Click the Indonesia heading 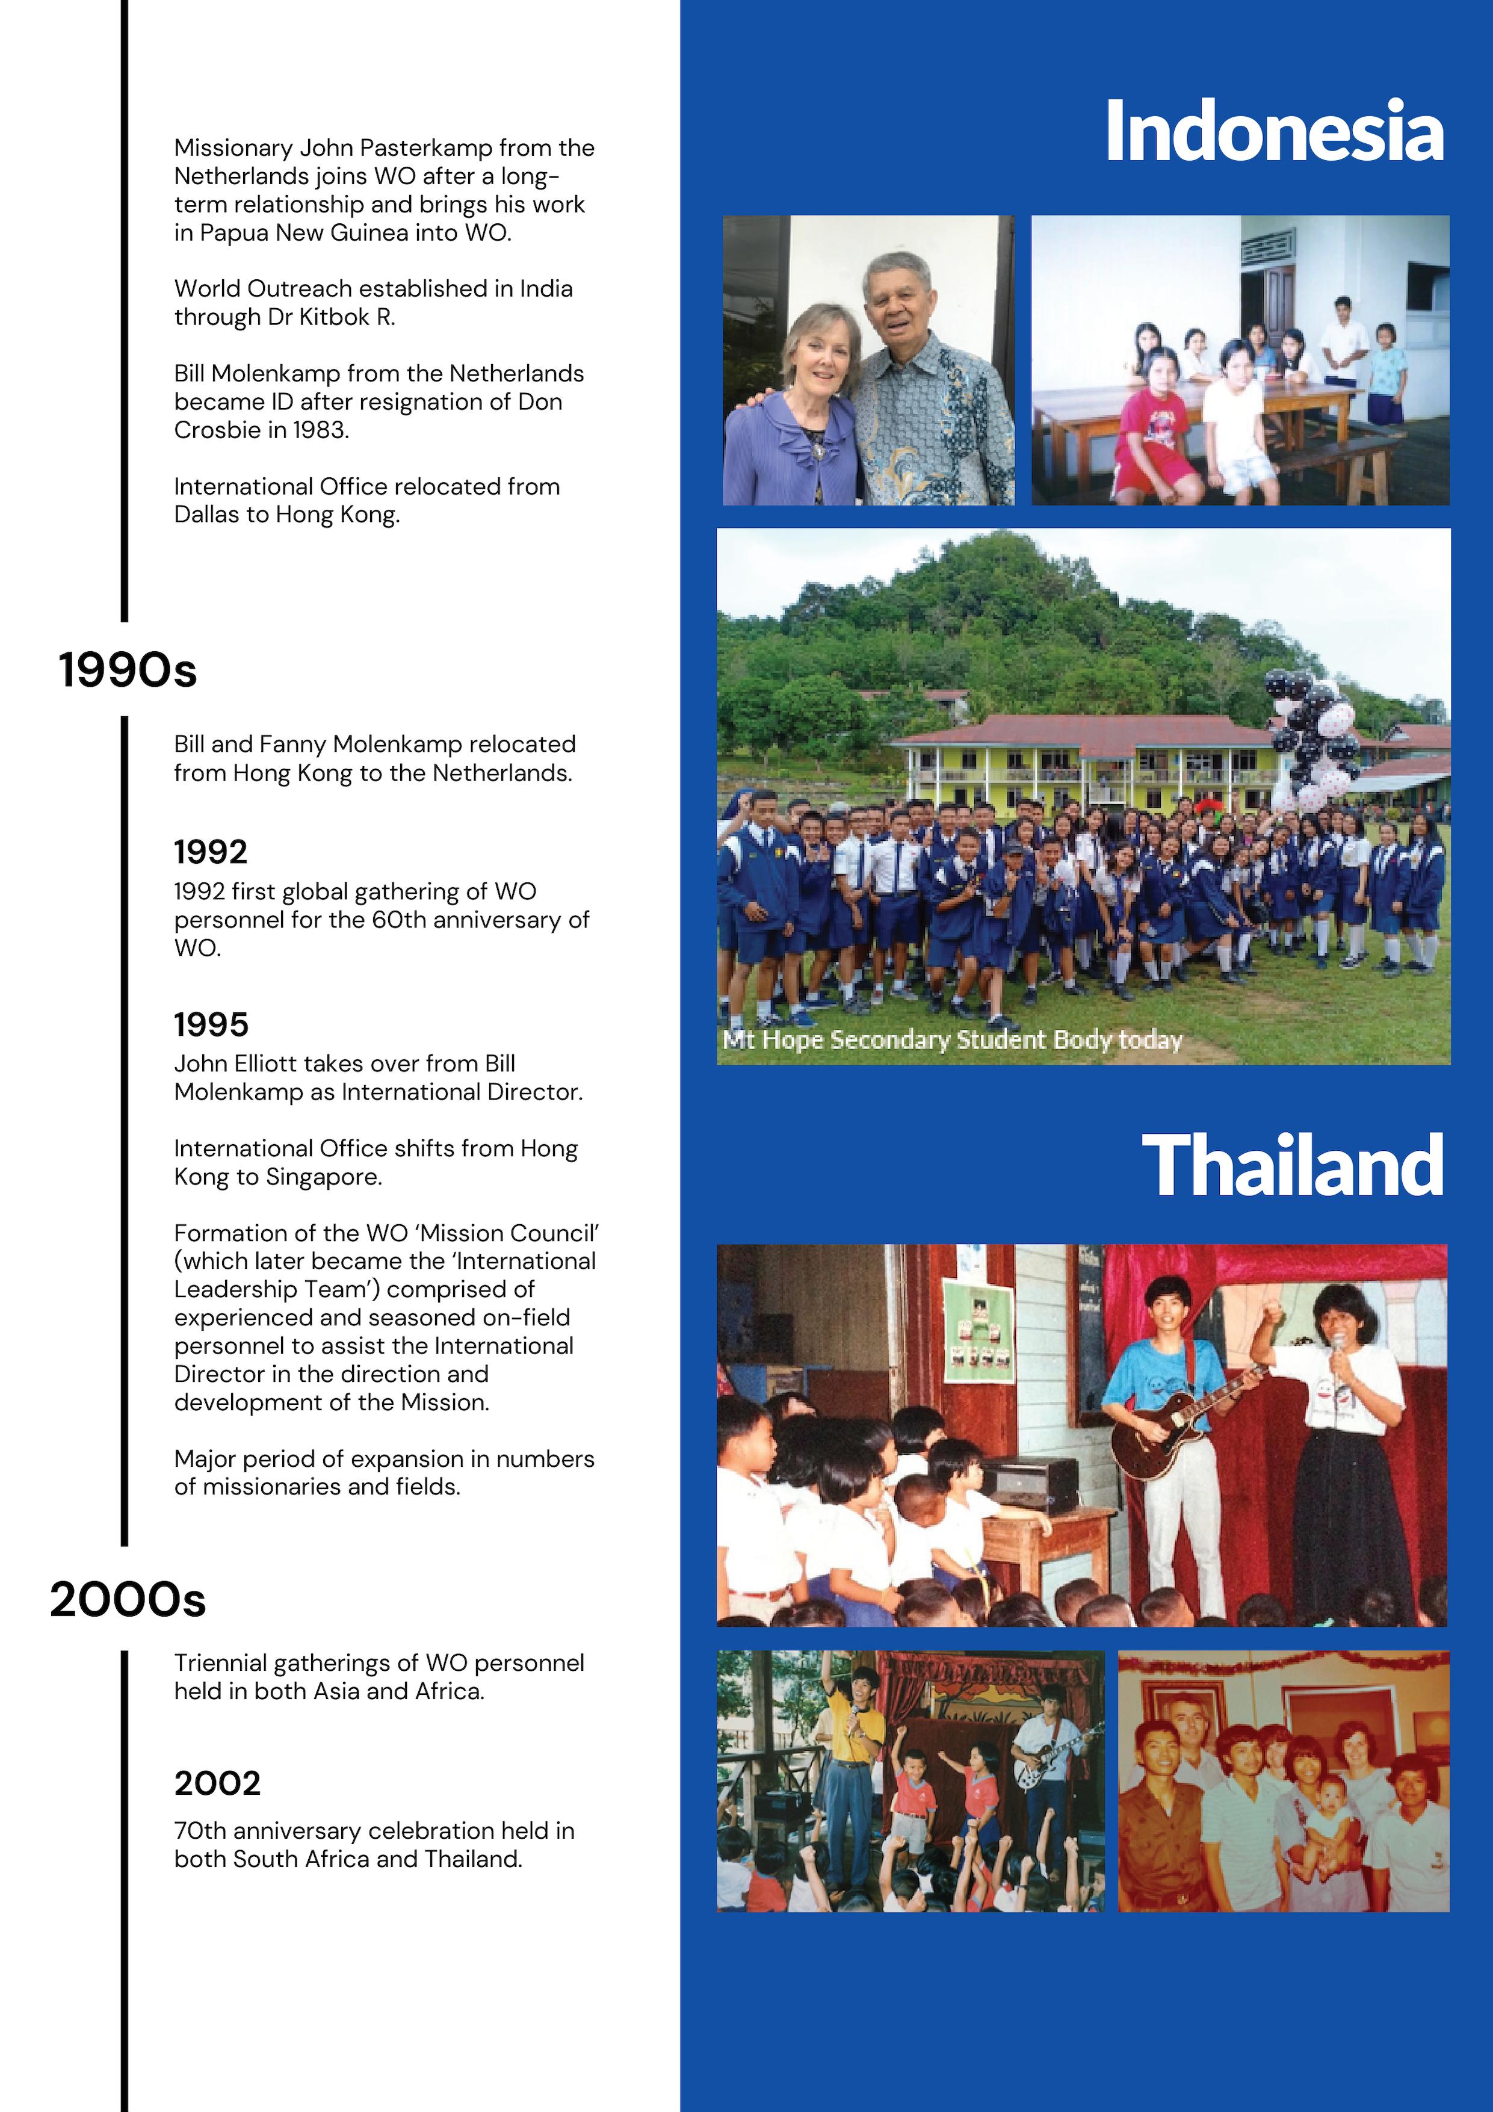[x=1273, y=132]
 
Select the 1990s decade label [x=128, y=670]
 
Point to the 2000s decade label [x=128, y=1600]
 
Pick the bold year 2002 [x=217, y=1783]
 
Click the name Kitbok [x=336, y=317]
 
